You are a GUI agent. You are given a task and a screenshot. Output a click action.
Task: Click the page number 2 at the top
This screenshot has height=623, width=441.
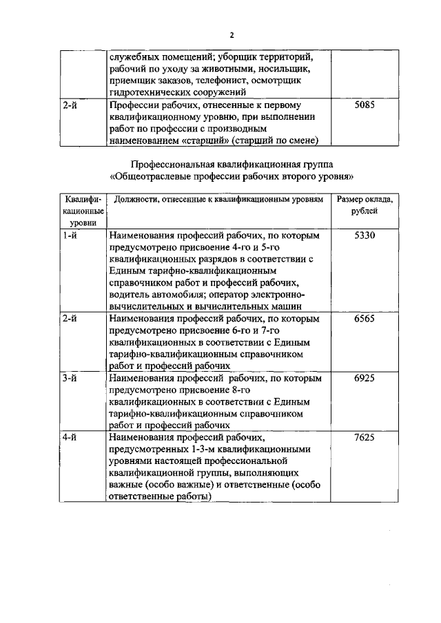[x=232, y=35]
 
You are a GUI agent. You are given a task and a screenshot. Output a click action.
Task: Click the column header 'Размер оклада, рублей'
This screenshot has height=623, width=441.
[x=365, y=205]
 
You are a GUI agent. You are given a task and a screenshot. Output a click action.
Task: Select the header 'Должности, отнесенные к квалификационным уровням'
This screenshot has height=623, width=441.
[x=218, y=200]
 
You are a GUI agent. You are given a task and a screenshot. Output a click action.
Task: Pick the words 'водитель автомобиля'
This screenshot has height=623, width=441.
[x=154, y=295]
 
